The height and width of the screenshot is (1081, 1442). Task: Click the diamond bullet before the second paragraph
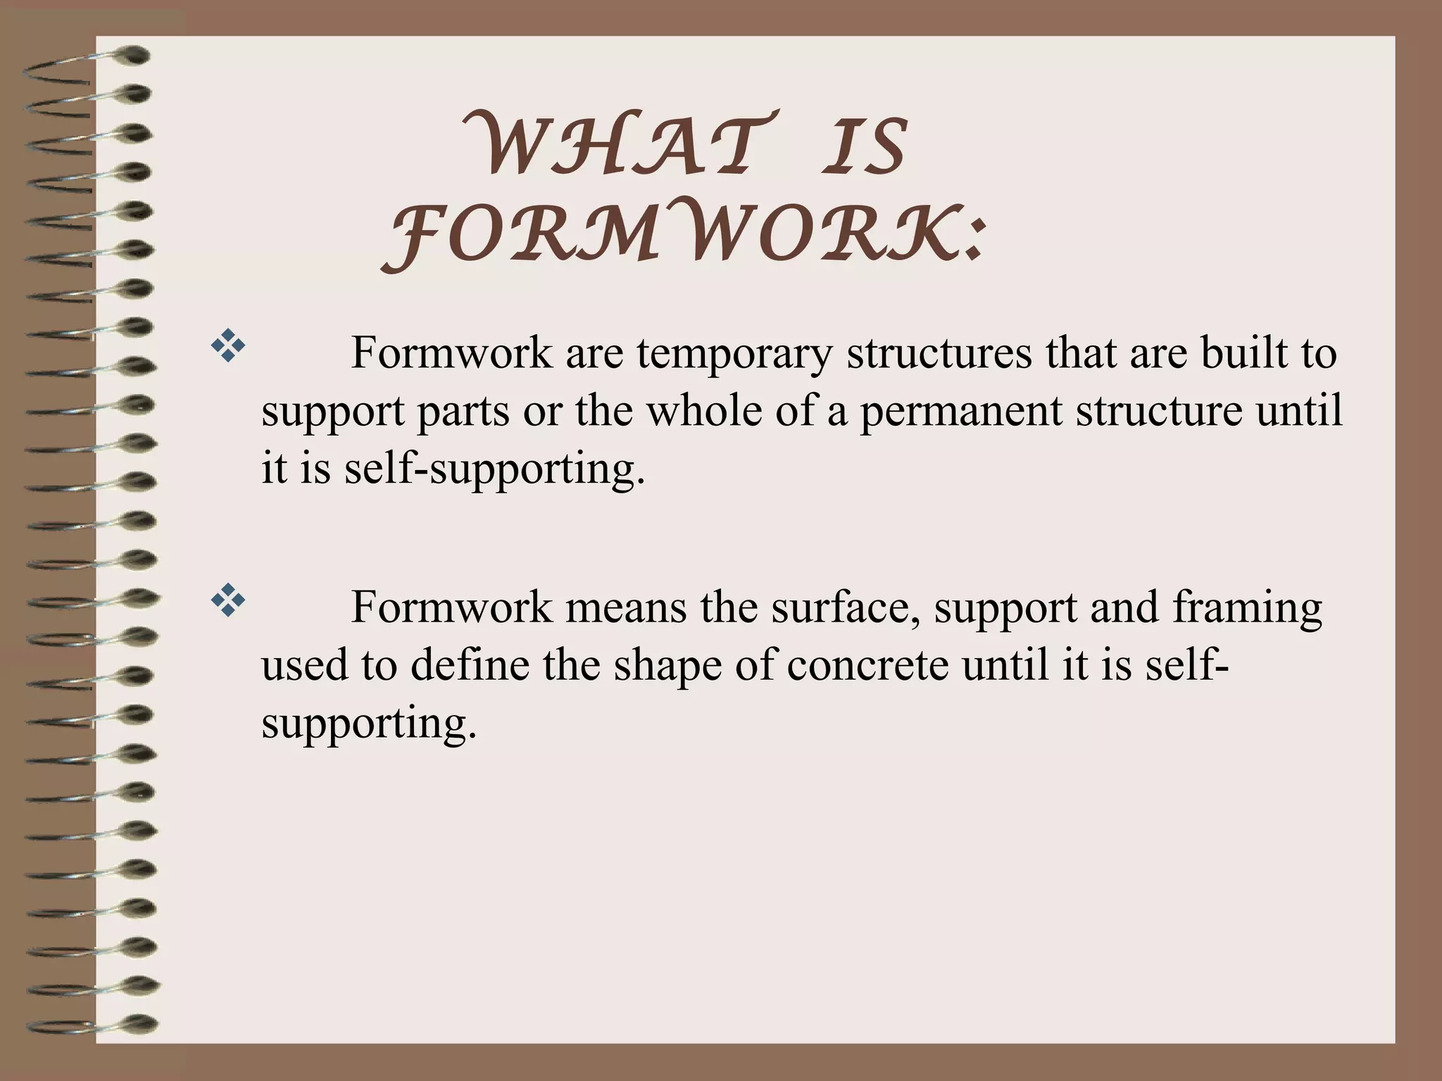(x=228, y=602)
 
